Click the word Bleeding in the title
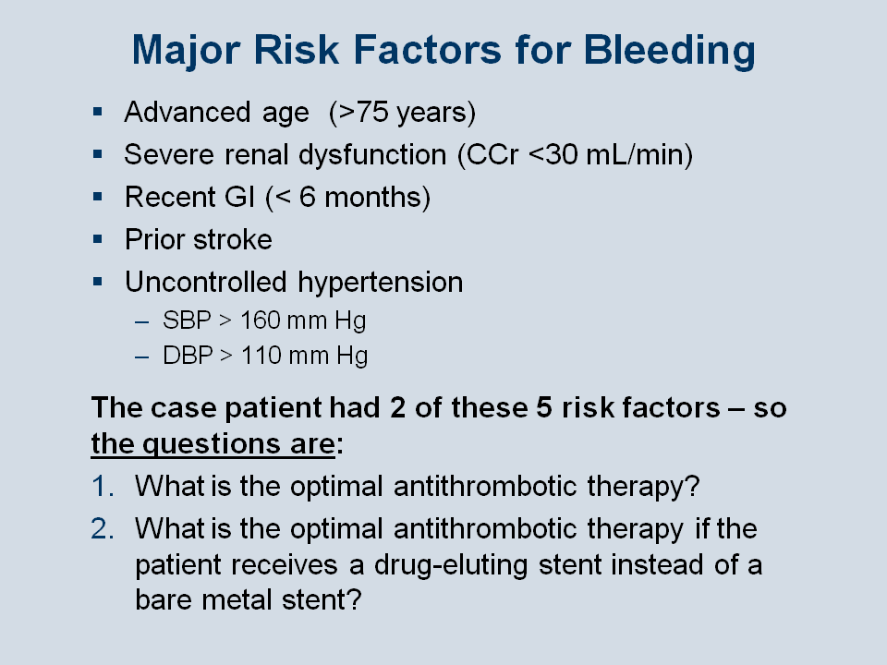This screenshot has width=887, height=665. (x=669, y=50)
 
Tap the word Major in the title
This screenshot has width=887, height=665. (x=186, y=50)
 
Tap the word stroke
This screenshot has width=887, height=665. (x=233, y=239)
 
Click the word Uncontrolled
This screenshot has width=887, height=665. (x=206, y=282)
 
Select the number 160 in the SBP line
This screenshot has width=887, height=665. (x=261, y=320)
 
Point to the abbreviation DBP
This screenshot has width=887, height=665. (x=188, y=356)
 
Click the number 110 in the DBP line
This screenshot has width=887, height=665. (x=261, y=356)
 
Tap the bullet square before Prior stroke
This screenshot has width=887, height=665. (x=98, y=239)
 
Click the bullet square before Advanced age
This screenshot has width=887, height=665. (x=98, y=112)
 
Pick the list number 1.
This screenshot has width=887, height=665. (x=103, y=487)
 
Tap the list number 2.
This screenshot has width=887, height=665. (x=103, y=528)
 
